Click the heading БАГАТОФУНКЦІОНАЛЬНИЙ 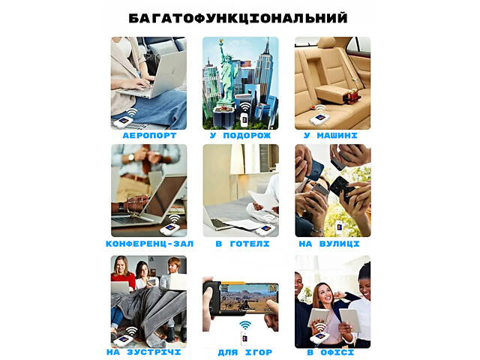point(238,17)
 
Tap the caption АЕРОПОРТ point(148,136)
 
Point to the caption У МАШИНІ point(331,136)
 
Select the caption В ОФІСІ point(331,352)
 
